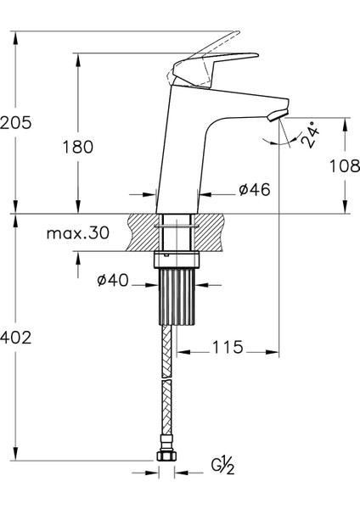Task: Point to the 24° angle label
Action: coord(311,136)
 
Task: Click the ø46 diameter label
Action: coord(254,190)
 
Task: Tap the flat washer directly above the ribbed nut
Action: coord(177,259)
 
